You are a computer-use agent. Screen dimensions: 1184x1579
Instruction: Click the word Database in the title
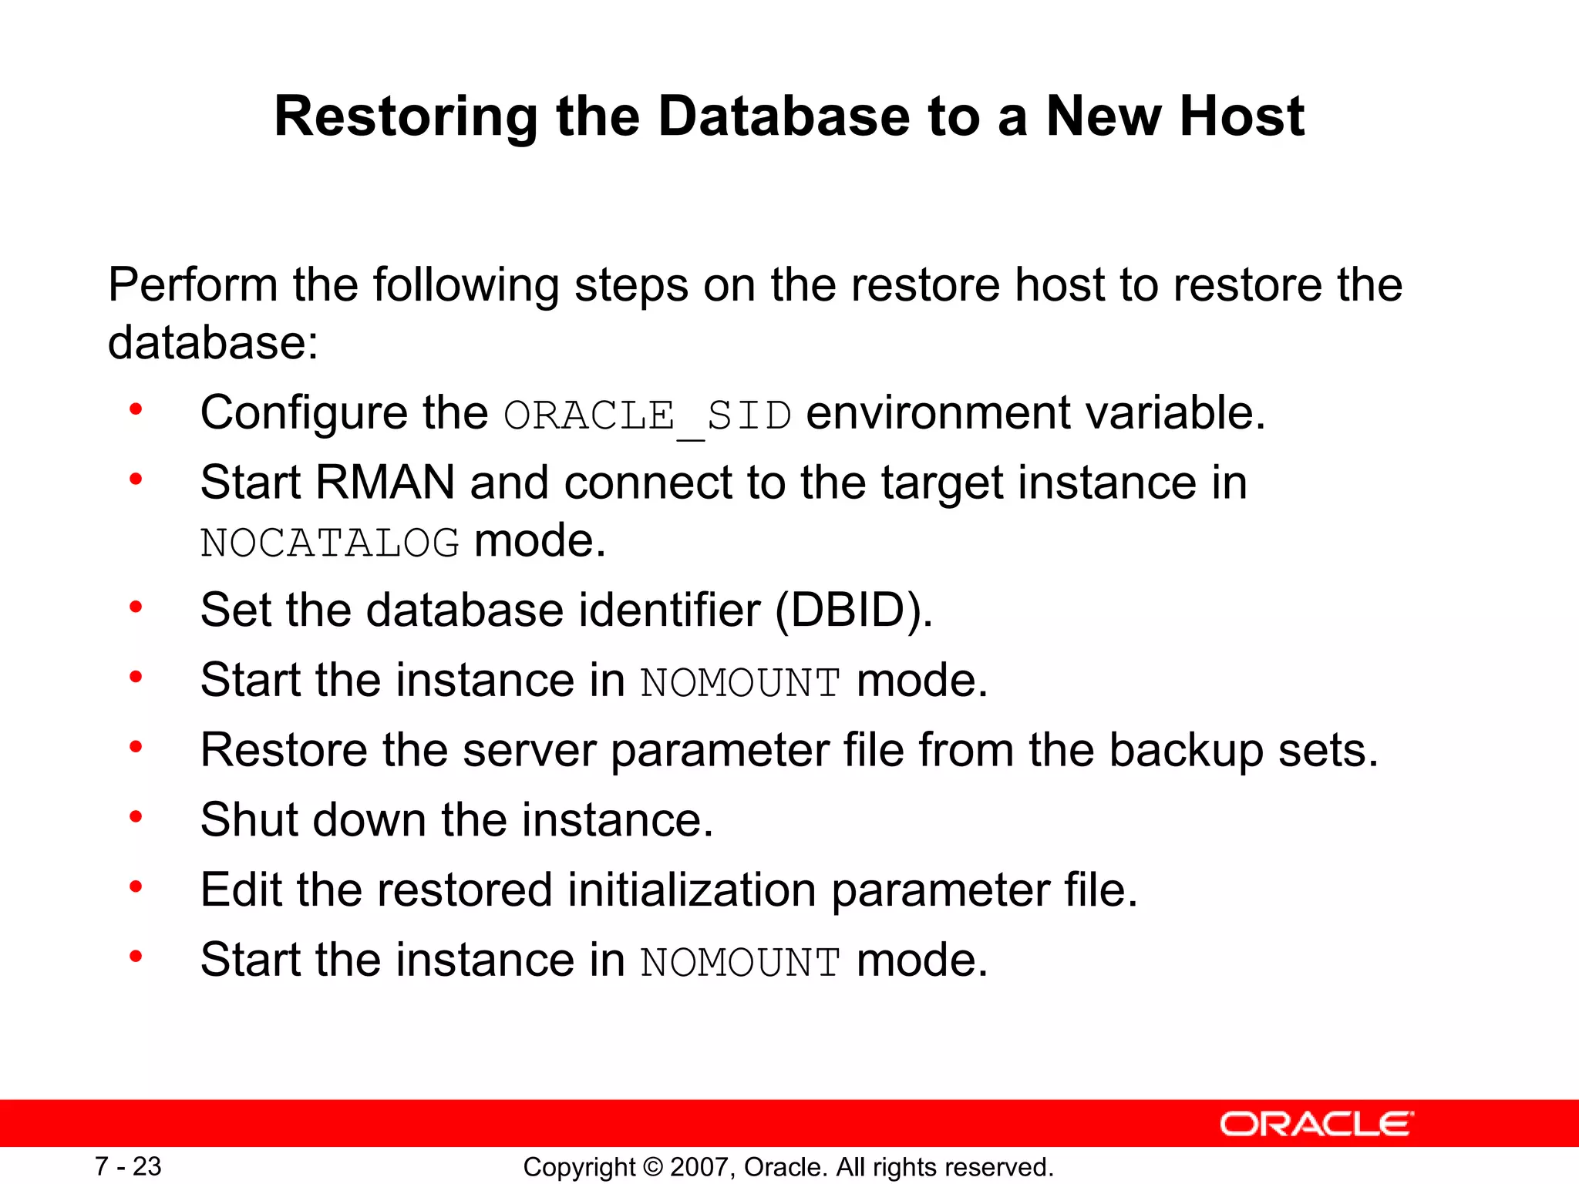click(x=783, y=117)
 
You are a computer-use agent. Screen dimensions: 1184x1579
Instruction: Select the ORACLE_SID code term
click(x=648, y=416)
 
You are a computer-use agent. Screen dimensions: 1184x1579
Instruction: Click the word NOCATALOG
click(x=330, y=543)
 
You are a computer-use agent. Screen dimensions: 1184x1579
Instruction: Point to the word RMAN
click(x=385, y=483)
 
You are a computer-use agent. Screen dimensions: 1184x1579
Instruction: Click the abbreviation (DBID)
click(x=853, y=610)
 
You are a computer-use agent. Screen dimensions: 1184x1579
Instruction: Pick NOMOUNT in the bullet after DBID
click(x=740, y=683)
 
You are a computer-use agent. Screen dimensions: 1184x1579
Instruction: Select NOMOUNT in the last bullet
click(x=740, y=963)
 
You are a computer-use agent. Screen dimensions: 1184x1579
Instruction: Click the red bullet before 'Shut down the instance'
click(x=136, y=816)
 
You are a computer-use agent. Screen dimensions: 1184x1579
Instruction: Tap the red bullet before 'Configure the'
click(x=136, y=409)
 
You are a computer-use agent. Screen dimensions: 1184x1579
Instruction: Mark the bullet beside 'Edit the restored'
click(x=136, y=886)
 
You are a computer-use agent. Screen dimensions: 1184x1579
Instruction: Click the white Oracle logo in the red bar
click(x=1317, y=1125)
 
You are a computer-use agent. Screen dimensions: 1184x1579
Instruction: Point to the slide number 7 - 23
click(x=128, y=1166)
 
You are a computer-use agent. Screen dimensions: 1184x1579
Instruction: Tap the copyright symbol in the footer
click(x=653, y=1167)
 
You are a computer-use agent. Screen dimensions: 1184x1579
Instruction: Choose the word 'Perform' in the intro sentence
click(x=193, y=285)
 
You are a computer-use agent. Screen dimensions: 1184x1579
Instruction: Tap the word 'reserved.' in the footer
click(x=1004, y=1167)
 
